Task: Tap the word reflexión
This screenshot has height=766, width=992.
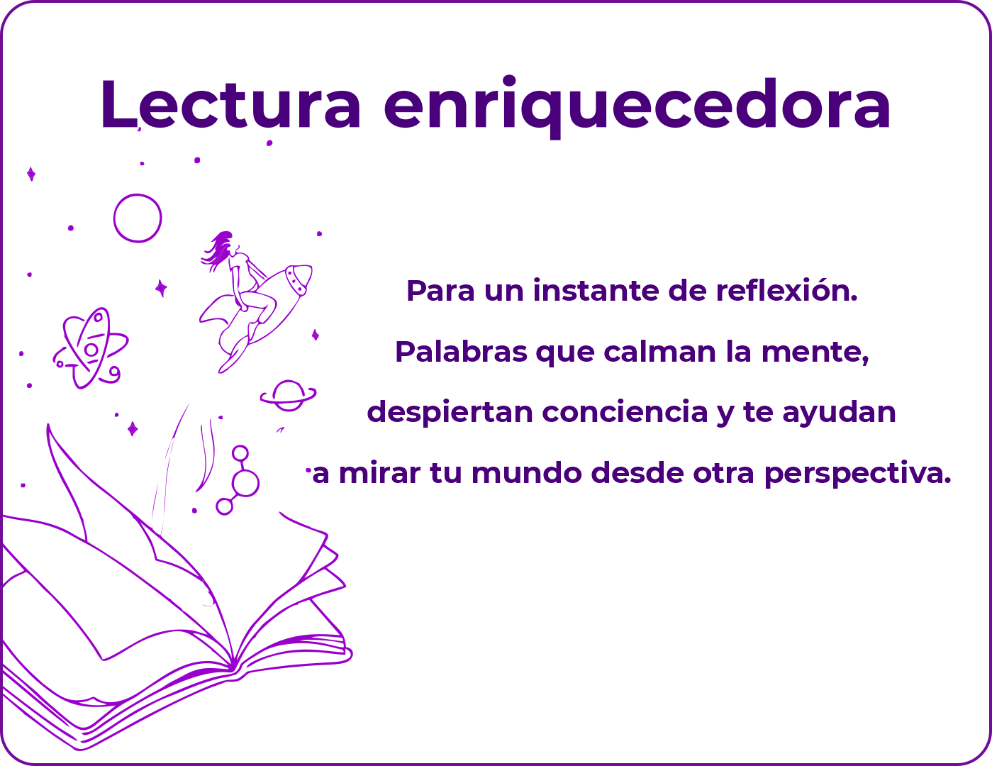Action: (x=786, y=290)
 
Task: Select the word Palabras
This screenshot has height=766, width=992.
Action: (x=461, y=351)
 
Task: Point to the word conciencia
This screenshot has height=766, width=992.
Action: (x=625, y=411)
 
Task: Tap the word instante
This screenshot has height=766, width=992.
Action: (x=596, y=291)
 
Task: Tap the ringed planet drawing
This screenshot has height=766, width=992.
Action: (x=288, y=395)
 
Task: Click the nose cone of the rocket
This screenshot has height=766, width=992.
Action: (x=299, y=278)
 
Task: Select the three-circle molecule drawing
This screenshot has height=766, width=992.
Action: (x=238, y=480)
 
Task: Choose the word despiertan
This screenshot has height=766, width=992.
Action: (x=450, y=413)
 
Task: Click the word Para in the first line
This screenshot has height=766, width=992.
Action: (x=440, y=291)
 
